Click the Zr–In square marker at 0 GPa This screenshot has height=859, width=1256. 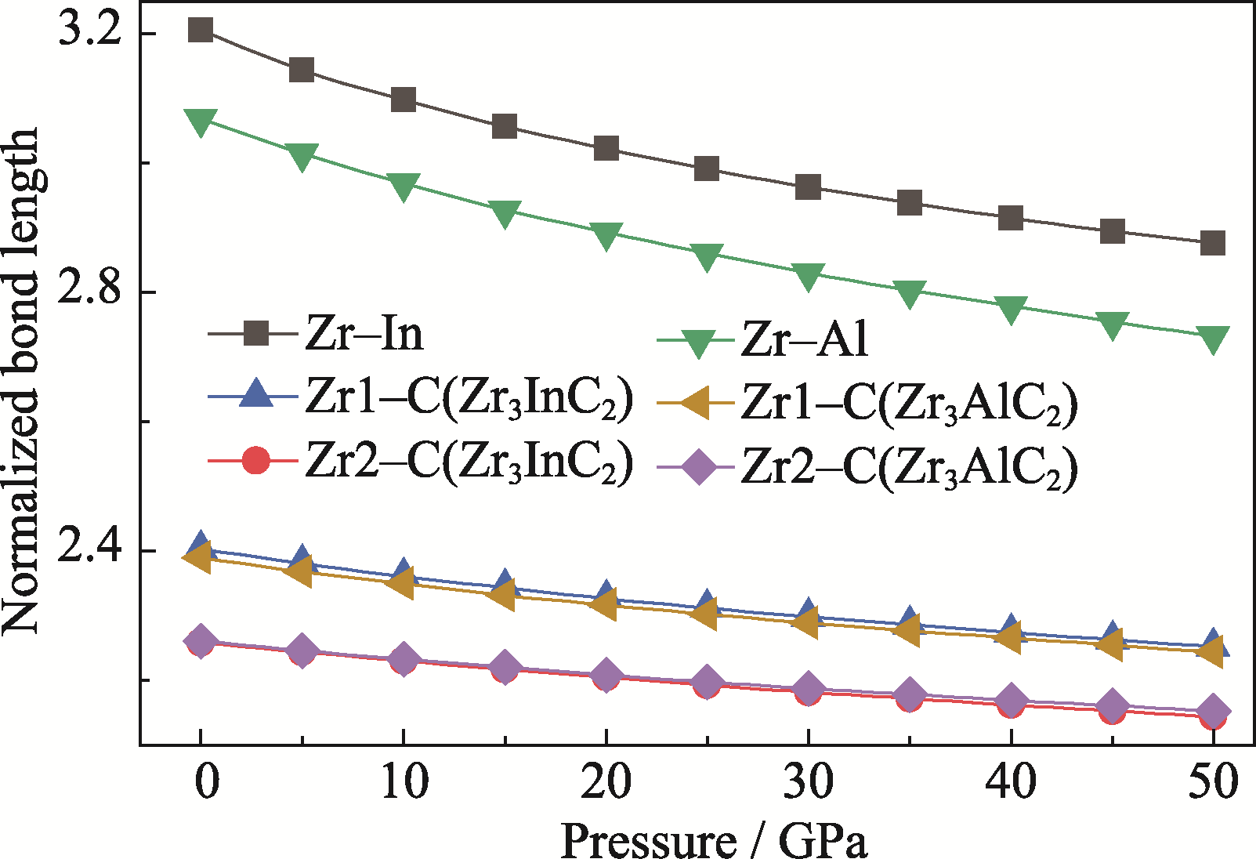(x=201, y=31)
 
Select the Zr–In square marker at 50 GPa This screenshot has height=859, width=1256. (x=1212, y=243)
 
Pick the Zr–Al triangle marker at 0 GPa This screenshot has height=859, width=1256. (x=201, y=122)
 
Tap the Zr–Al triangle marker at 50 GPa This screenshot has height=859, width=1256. (x=1212, y=339)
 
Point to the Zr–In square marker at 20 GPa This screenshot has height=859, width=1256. (x=606, y=148)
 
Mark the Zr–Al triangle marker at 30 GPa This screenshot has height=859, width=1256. (x=808, y=275)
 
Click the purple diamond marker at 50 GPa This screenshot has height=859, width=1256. (x=1212, y=711)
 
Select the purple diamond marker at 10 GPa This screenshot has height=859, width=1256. (x=403, y=659)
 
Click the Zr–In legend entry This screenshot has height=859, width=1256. (x=316, y=335)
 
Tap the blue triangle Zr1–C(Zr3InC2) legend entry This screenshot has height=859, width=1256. (x=420, y=400)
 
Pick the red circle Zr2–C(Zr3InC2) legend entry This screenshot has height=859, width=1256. (x=420, y=462)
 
